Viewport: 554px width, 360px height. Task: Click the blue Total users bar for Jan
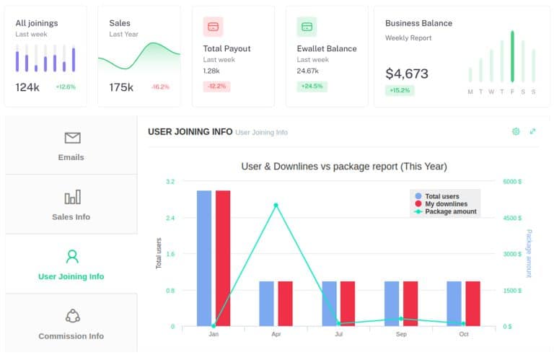click(204, 258)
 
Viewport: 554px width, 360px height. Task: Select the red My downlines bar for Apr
click(285, 304)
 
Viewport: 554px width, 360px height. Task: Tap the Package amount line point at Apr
click(276, 205)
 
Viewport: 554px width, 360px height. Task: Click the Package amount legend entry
click(446, 211)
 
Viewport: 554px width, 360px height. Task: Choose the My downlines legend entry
click(441, 204)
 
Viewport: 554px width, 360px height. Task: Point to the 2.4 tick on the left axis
click(170, 218)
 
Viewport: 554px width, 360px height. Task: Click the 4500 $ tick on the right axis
click(512, 218)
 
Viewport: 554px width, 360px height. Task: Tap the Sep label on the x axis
click(401, 334)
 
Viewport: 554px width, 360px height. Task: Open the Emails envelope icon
click(72, 138)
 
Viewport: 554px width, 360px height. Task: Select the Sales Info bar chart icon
click(72, 197)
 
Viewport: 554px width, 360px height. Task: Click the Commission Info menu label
click(71, 336)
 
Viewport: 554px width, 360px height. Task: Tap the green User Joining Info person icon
click(72, 257)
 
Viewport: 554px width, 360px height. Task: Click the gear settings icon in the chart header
click(516, 131)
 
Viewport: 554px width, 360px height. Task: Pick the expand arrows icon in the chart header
click(532, 131)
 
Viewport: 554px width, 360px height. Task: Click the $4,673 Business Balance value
click(407, 74)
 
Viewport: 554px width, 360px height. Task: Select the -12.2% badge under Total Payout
click(216, 86)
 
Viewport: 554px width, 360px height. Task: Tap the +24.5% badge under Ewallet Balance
click(312, 86)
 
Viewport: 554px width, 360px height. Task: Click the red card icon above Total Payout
click(213, 27)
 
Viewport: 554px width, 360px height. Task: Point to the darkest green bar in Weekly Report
click(512, 56)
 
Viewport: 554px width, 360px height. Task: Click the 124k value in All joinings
click(27, 87)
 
